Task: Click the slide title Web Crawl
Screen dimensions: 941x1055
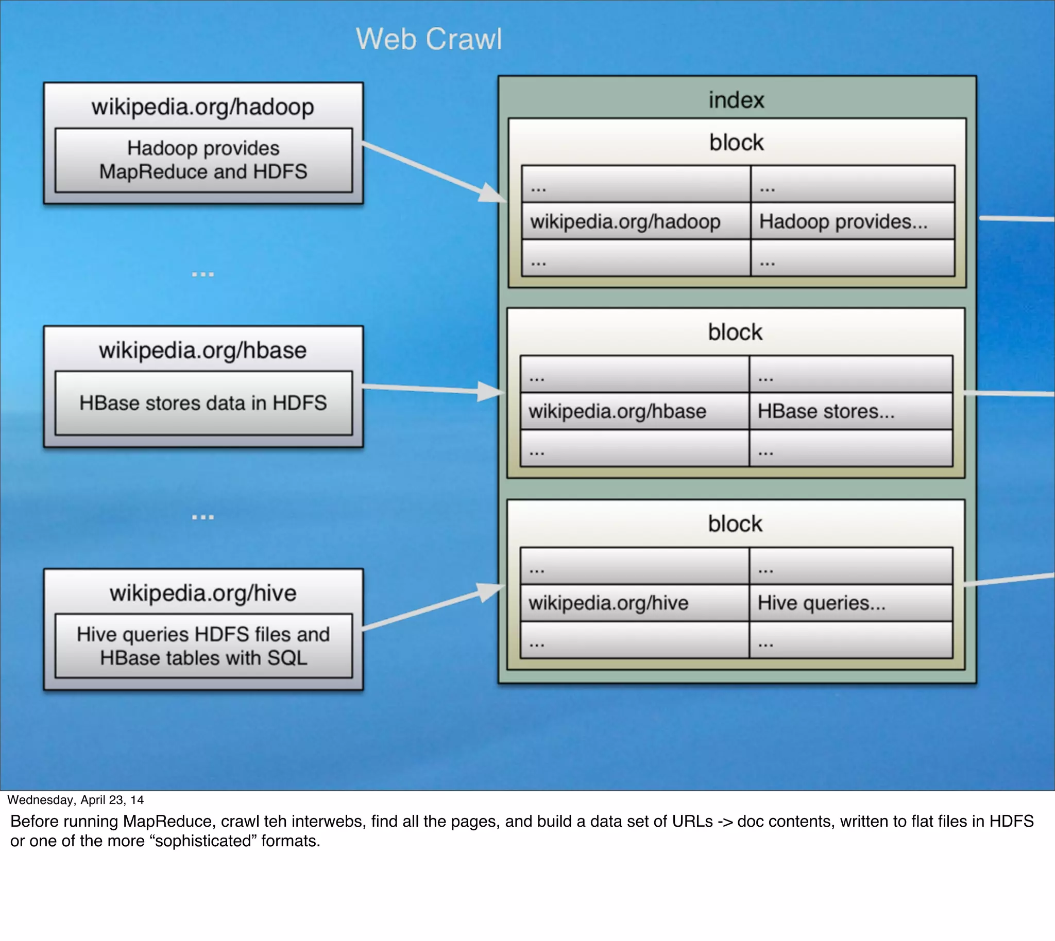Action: click(429, 39)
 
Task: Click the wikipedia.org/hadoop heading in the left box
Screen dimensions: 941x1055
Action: click(203, 107)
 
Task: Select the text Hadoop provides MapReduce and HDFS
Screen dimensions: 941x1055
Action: click(203, 160)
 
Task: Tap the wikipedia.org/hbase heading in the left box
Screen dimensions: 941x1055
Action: click(203, 350)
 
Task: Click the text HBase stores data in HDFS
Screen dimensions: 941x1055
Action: click(203, 403)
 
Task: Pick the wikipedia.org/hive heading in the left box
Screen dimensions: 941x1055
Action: click(203, 593)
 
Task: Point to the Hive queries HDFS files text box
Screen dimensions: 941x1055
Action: click(203, 646)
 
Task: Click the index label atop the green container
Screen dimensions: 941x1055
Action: click(736, 100)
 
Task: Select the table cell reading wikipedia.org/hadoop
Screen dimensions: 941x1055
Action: click(625, 221)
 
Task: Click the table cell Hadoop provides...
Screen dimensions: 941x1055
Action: click(843, 221)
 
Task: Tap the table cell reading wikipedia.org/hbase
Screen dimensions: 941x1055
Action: click(617, 411)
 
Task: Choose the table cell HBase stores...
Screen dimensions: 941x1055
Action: click(826, 411)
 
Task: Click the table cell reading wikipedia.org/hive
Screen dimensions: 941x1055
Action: click(608, 603)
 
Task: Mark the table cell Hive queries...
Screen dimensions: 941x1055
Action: click(822, 603)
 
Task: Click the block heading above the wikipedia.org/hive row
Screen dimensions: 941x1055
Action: click(735, 524)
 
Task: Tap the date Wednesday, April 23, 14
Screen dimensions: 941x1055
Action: click(76, 800)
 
